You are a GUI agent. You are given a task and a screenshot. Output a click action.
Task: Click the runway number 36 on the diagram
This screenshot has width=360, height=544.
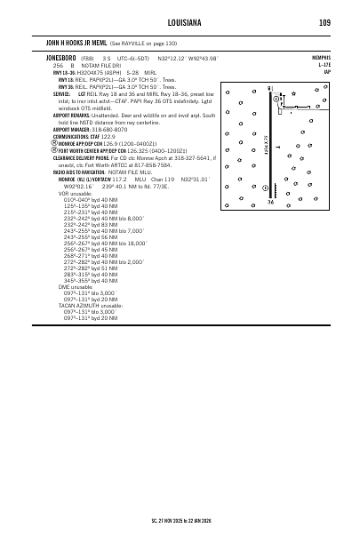(x=270, y=203)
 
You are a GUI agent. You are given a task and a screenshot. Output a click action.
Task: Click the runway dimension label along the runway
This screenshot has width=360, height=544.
(x=266, y=148)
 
